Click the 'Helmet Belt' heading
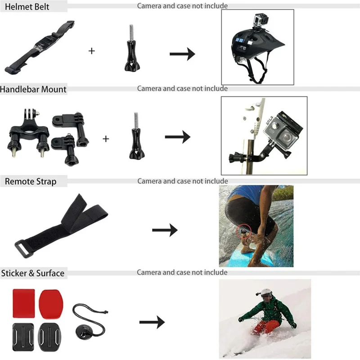point(25,7)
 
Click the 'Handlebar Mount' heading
point(33,89)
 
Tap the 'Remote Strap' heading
point(30,181)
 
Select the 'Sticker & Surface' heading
point(32,273)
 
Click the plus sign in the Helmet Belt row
point(92,51)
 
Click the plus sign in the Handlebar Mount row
point(106,139)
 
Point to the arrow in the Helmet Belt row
point(182,54)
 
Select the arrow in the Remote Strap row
point(165,230)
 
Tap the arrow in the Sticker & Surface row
point(152,323)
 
